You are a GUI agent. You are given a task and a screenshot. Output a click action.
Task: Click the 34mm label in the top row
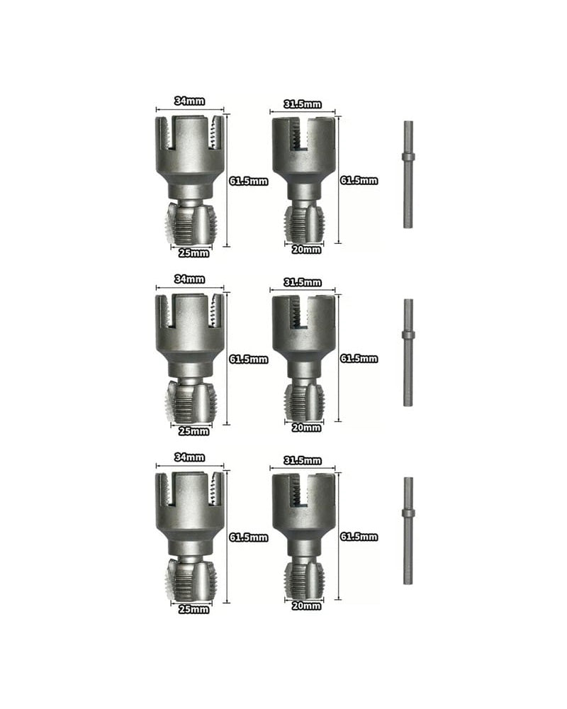click(x=189, y=101)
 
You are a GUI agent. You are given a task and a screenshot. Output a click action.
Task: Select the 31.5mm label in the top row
click(x=303, y=104)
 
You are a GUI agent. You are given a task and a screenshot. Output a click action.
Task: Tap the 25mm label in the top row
click(x=193, y=253)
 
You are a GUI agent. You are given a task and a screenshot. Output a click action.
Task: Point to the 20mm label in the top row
click(x=306, y=249)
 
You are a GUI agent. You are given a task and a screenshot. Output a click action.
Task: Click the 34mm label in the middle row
click(x=189, y=279)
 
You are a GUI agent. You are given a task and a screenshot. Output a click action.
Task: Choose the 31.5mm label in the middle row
click(x=303, y=282)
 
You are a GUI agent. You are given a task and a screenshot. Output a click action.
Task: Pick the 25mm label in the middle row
click(x=193, y=431)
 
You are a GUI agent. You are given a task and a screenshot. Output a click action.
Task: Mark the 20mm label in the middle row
click(x=306, y=428)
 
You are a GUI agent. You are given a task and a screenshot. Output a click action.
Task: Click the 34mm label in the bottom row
click(x=189, y=457)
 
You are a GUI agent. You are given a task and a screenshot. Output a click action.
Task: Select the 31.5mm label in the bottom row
click(x=303, y=460)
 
